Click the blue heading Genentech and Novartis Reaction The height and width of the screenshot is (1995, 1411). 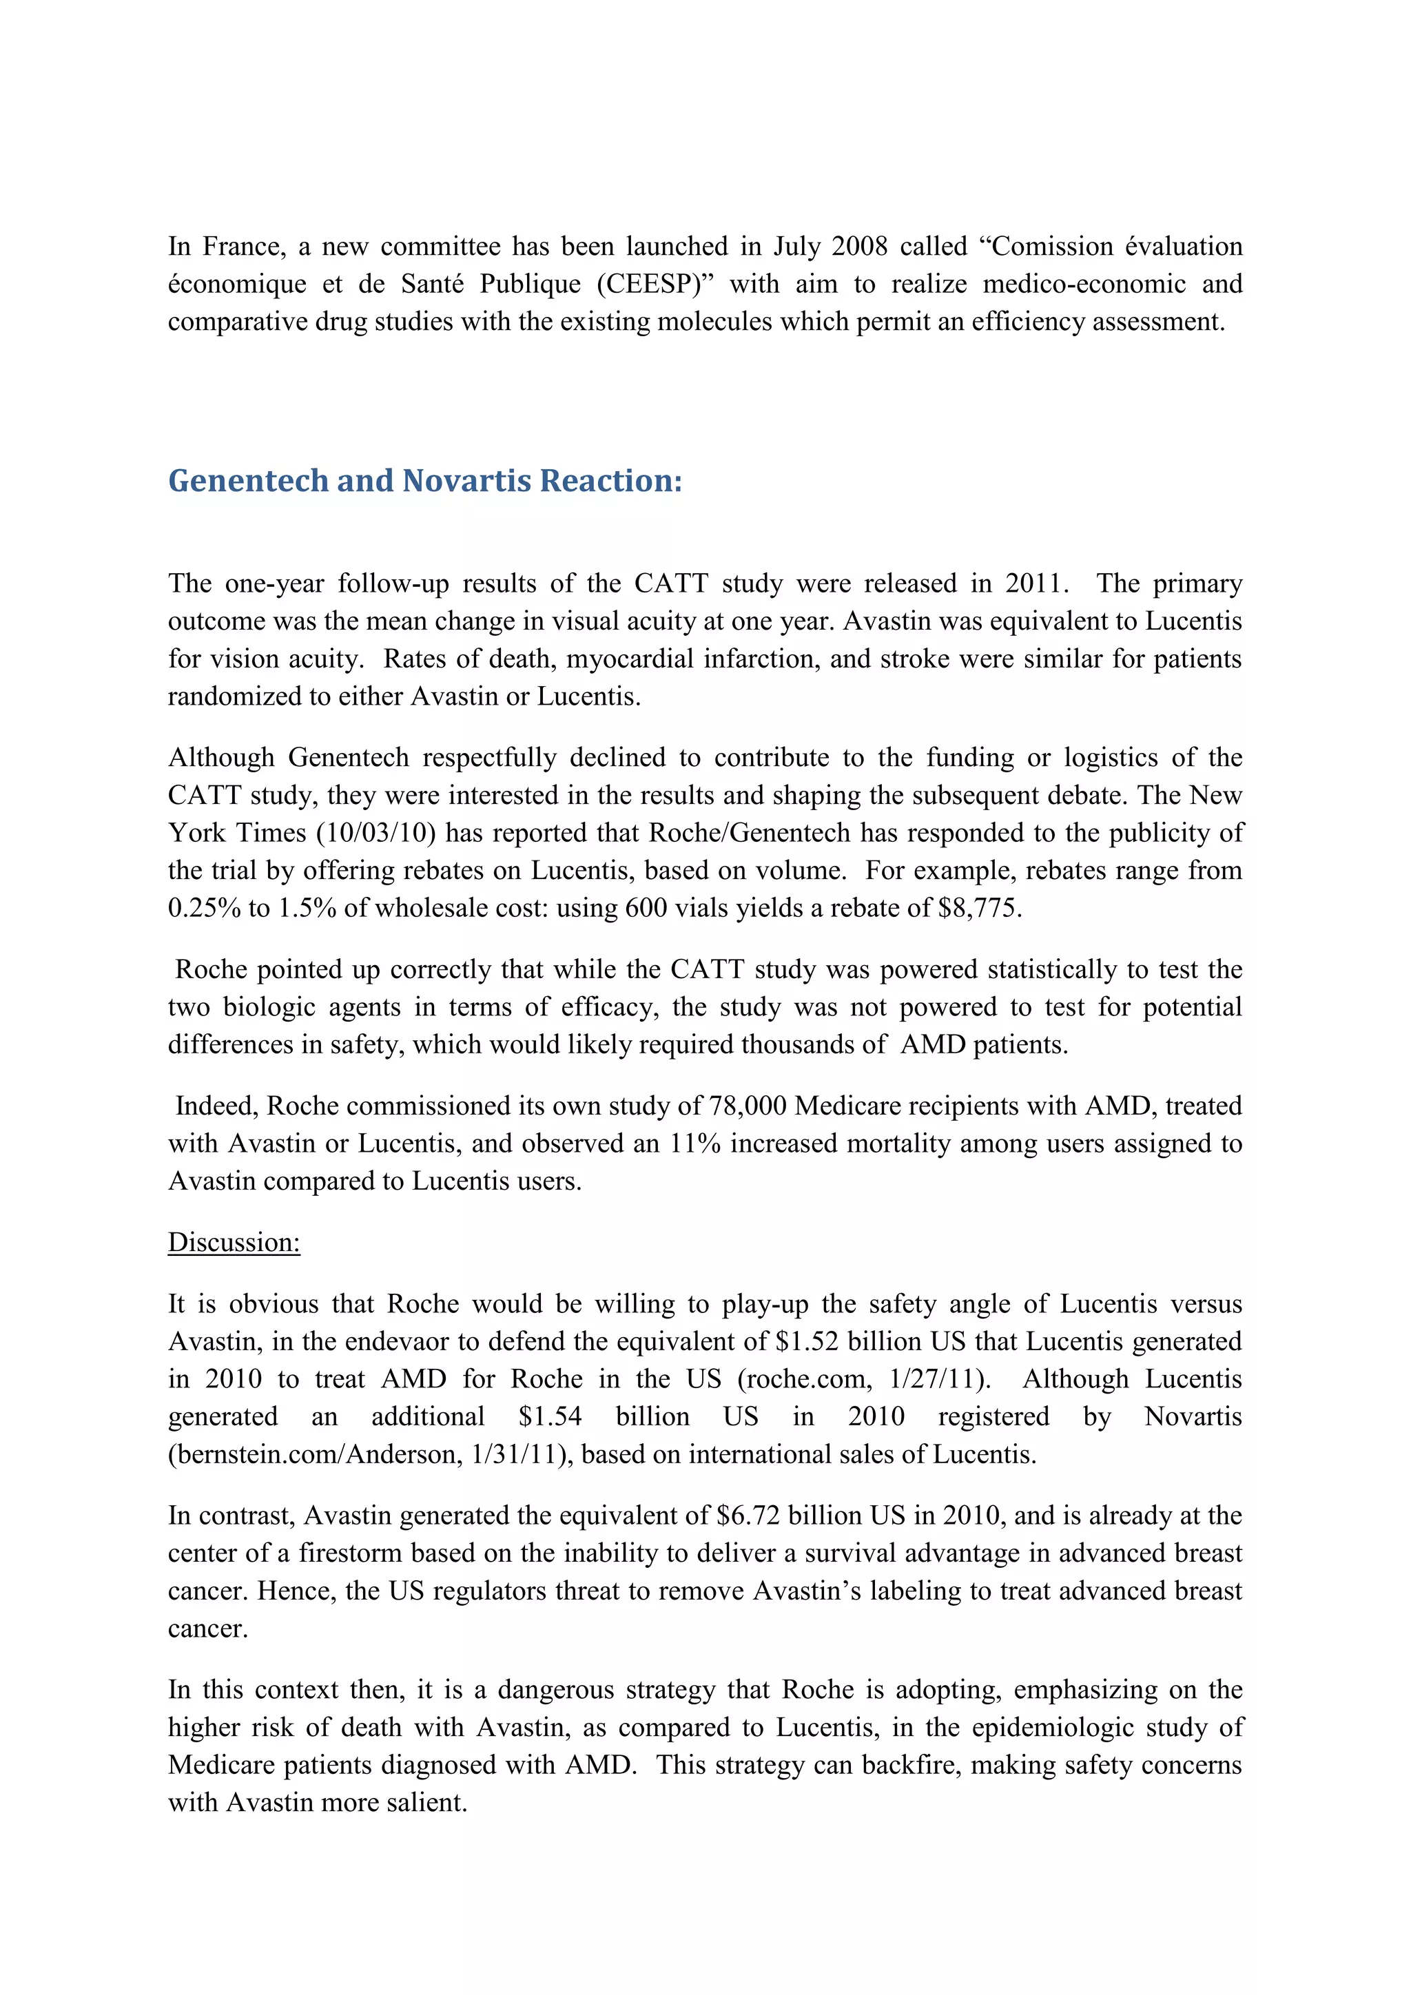pyautogui.click(x=425, y=481)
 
